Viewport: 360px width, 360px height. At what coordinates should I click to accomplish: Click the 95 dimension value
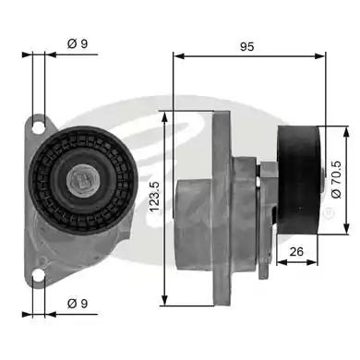pos(246,43)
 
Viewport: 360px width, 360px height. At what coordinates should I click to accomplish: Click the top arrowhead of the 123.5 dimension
pos(163,114)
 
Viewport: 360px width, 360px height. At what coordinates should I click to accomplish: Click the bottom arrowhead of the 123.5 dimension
pos(163,301)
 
